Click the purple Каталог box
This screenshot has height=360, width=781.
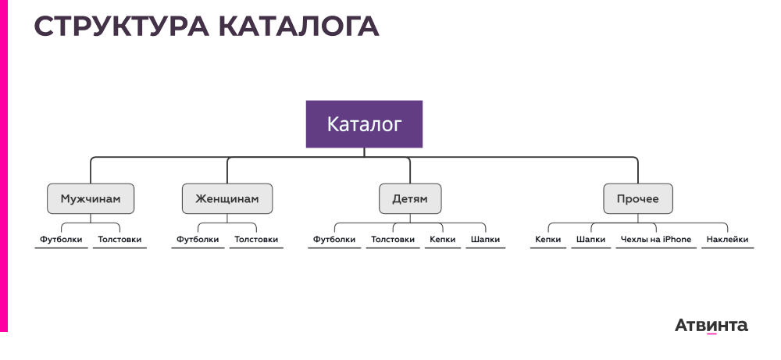pyautogui.click(x=364, y=124)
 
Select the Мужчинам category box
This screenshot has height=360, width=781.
pyautogui.click(x=91, y=199)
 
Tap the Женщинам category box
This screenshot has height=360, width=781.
pyautogui.click(x=227, y=199)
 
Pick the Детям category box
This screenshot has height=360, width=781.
pyautogui.click(x=409, y=199)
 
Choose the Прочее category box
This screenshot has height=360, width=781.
pyautogui.click(x=637, y=199)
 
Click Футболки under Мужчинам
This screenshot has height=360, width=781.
pyautogui.click(x=62, y=240)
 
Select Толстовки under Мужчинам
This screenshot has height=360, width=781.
pyautogui.click(x=119, y=240)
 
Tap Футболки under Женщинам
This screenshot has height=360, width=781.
pyautogui.click(x=198, y=240)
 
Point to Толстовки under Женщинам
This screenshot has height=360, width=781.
pyautogui.click(x=256, y=240)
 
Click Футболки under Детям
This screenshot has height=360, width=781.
pyautogui.click(x=334, y=240)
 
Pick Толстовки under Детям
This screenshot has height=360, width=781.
pyautogui.click(x=393, y=240)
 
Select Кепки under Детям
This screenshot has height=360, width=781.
pyautogui.click(x=442, y=240)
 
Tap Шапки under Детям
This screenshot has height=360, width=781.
pyautogui.click(x=486, y=240)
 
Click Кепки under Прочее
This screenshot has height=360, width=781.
pyautogui.click(x=548, y=240)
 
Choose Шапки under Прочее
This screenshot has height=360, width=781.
pyautogui.click(x=590, y=240)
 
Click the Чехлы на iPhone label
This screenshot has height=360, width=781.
pyautogui.click(x=655, y=240)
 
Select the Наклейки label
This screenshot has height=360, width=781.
pyautogui.click(x=727, y=240)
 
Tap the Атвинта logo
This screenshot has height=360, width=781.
pyautogui.click(x=711, y=325)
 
